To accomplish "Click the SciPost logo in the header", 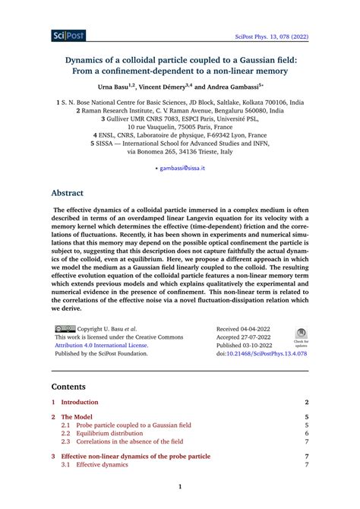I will (68, 36).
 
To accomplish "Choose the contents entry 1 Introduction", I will (80, 402).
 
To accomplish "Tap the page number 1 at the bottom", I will (180, 487).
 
